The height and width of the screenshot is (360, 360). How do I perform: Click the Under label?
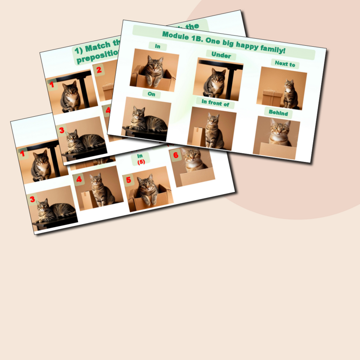tap(221, 55)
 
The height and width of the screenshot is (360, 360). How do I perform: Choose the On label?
tap(152, 94)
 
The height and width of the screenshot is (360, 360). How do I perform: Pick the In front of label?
tap(215, 103)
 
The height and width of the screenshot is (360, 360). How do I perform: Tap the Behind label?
tap(278, 113)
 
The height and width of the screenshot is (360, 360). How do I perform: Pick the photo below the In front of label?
tap(212, 128)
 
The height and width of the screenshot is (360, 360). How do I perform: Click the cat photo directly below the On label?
tap(146, 119)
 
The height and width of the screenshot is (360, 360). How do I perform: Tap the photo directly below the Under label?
tap(217, 79)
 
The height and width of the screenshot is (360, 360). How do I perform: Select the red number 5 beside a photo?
tap(129, 178)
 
